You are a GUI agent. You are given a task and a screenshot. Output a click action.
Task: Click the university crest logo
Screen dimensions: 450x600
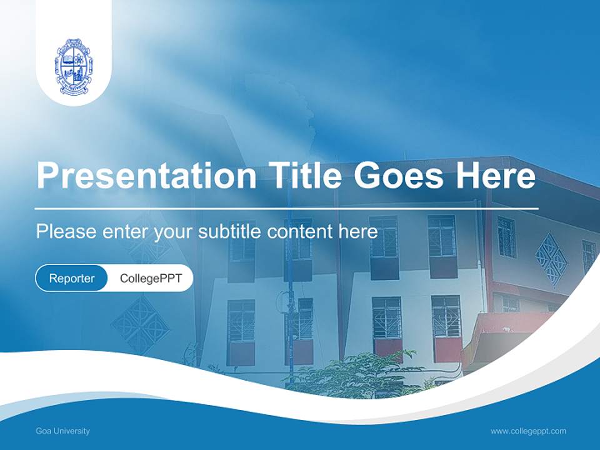click(x=73, y=66)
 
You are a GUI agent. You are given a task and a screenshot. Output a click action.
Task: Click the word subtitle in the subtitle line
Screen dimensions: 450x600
click(x=231, y=232)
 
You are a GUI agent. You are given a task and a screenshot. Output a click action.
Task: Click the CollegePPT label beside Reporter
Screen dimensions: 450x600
click(x=151, y=278)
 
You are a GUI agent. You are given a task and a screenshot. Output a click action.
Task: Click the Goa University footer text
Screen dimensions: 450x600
click(x=62, y=431)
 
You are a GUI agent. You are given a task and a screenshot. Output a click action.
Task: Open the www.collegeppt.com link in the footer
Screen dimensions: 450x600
click(x=528, y=431)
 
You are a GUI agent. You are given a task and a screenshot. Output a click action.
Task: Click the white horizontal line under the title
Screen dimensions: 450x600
click(x=286, y=208)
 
